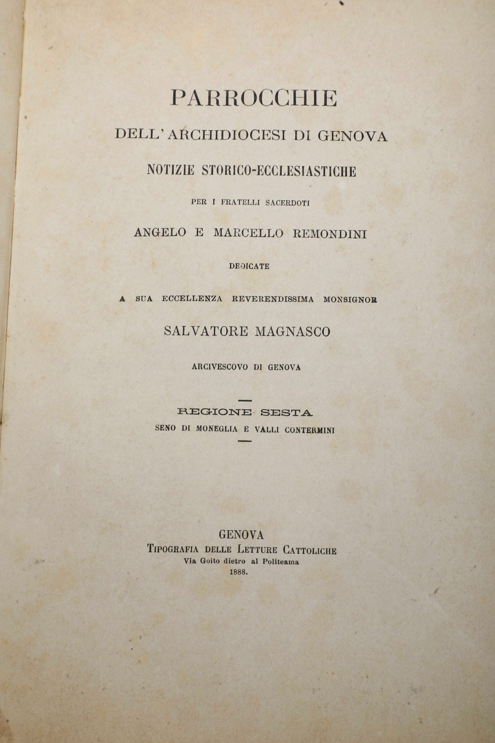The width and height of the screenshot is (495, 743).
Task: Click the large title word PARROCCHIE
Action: click(253, 98)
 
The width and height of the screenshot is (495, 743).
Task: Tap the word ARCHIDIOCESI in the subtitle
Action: click(227, 135)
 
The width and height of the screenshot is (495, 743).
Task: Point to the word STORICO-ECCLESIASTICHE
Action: click(279, 171)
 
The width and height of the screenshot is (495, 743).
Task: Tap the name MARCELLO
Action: click(248, 233)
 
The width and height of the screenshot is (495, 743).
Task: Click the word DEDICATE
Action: click(249, 266)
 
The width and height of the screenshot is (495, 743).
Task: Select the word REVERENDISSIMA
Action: click(273, 299)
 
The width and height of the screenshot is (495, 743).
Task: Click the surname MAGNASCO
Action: click(292, 332)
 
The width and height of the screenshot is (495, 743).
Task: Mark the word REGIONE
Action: click(215, 412)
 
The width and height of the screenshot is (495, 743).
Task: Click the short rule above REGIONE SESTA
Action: click(245, 401)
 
